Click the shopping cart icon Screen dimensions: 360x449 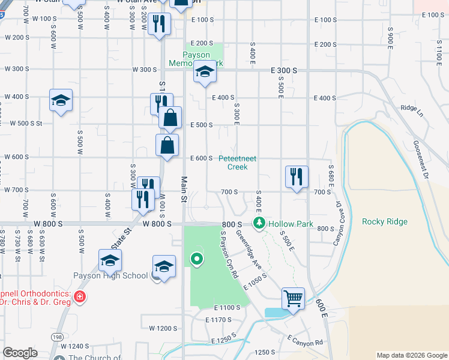293,298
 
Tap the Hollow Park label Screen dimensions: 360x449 291,224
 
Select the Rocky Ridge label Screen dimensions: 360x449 385,221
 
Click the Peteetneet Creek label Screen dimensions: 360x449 237,163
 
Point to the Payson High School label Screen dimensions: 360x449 110,276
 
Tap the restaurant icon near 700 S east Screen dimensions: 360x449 297,177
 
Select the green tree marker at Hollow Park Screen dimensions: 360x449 259,223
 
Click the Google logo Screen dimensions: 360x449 20,353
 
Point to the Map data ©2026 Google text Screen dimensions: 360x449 411,355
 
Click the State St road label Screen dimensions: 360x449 119,239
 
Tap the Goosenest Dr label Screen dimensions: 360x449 423,160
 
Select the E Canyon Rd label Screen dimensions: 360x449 305,340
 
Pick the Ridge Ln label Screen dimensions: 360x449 412,110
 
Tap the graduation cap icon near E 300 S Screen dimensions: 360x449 205,73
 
